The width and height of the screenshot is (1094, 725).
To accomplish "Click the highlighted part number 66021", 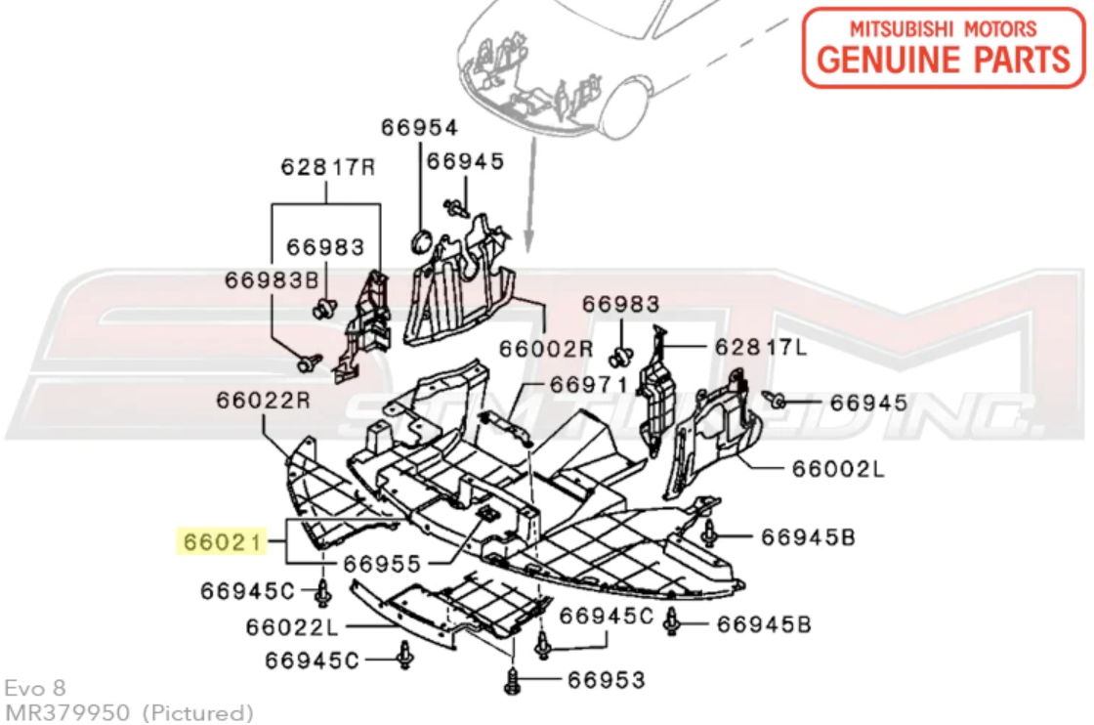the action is click(x=223, y=541).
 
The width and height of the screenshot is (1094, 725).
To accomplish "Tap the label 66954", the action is click(x=419, y=128).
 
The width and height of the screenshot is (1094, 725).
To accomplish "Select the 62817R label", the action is click(x=328, y=167).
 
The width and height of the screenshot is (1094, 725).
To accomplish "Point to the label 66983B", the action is click(x=272, y=279).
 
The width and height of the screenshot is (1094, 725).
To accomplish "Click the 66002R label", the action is click(x=546, y=348).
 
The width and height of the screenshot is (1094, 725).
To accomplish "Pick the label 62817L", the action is click(x=761, y=346).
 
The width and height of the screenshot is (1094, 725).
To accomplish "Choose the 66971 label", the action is click(x=589, y=384).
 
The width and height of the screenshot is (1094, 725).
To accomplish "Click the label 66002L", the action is click(x=838, y=468).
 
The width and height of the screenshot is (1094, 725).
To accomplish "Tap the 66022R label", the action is click(x=263, y=400).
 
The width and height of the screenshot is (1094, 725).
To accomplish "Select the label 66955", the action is click(x=382, y=563).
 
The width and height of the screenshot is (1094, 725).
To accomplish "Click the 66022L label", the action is click(x=292, y=627).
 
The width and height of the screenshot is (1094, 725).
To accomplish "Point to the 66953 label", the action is click(x=607, y=680).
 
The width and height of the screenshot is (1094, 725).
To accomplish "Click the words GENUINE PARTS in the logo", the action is click(x=944, y=60).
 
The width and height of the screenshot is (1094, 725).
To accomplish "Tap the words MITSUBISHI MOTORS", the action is click(x=944, y=28).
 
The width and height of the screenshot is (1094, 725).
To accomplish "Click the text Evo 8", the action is click(x=35, y=688).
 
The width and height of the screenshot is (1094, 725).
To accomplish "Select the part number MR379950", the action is click(x=67, y=712).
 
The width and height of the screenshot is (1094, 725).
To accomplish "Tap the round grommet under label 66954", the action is click(x=421, y=240).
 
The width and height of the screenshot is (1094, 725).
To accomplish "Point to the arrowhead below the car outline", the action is click(x=528, y=241).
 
